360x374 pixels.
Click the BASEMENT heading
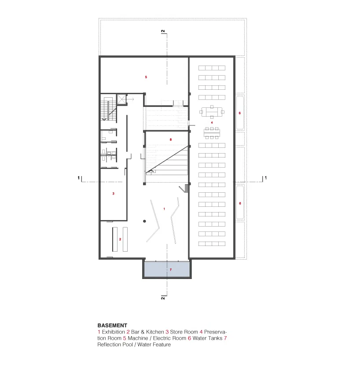point(112,325)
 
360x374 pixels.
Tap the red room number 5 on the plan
point(146,77)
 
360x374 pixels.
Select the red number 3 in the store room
point(113,194)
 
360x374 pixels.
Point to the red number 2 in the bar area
point(120,239)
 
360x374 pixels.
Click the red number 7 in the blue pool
point(171,270)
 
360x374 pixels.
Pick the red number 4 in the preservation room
point(212,122)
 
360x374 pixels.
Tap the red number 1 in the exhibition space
point(164,209)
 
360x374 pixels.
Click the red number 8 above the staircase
point(171,139)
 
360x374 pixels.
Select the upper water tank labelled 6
point(240,113)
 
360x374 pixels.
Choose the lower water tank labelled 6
point(240,203)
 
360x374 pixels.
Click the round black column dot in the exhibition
point(144,221)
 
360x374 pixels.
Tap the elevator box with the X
point(121,99)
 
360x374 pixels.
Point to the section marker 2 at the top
point(163,31)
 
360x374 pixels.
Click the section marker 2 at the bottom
point(163,298)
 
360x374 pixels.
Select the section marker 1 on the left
point(78,178)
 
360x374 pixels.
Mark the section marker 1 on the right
point(266,178)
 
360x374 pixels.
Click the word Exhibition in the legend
point(113,332)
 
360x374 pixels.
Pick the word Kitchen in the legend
point(155,332)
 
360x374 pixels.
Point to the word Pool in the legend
point(128,345)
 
